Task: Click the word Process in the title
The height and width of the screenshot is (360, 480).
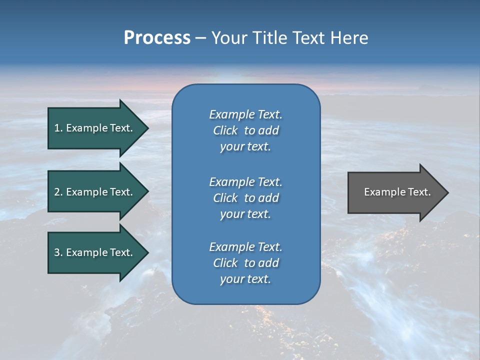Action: click(x=157, y=38)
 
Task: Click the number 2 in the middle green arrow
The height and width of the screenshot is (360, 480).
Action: click(x=57, y=192)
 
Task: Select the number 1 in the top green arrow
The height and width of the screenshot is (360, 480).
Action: click(x=57, y=128)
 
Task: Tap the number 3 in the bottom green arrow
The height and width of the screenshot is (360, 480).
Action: click(x=57, y=252)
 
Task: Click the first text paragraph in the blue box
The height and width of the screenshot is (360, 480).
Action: click(x=245, y=130)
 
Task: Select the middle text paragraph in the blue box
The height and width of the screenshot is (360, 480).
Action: click(x=245, y=198)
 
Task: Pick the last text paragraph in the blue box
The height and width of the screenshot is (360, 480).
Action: click(x=245, y=263)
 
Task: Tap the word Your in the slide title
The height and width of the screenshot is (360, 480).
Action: click(x=229, y=38)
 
